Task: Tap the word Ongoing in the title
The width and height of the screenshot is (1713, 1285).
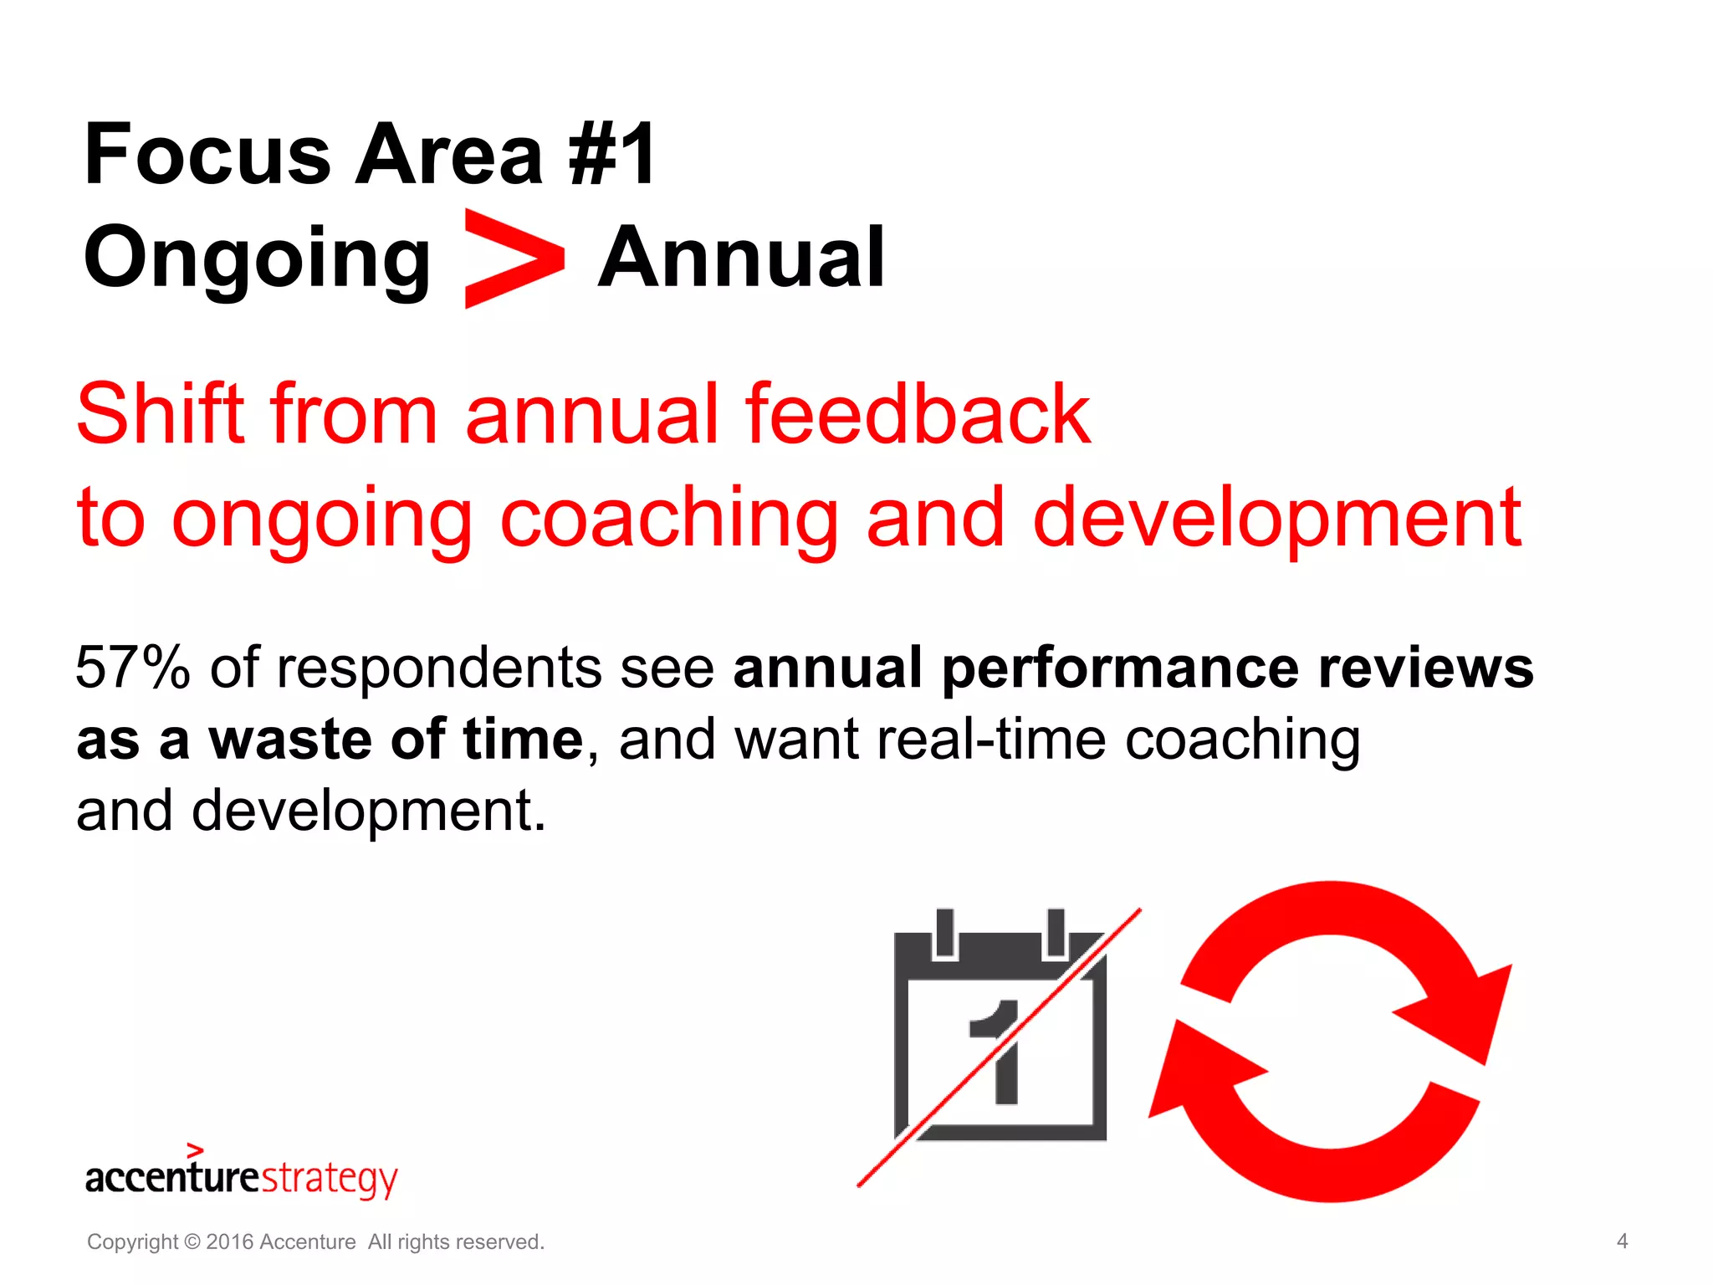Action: point(257,258)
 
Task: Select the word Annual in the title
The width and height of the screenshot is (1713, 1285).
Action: point(741,258)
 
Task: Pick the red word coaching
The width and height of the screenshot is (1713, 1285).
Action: point(669,519)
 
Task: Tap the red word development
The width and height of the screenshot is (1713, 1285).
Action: point(1276,519)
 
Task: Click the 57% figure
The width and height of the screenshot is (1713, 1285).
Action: point(132,668)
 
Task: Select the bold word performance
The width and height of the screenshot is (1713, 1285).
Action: point(1121,668)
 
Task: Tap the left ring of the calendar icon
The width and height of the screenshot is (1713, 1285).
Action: point(945,933)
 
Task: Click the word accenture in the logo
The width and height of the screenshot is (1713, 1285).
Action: point(172,1177)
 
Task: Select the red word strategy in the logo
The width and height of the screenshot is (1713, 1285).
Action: point(330,1179)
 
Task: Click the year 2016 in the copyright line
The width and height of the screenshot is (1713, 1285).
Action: point(229,1241)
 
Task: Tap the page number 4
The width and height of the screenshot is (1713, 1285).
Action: point(1622,1241)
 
